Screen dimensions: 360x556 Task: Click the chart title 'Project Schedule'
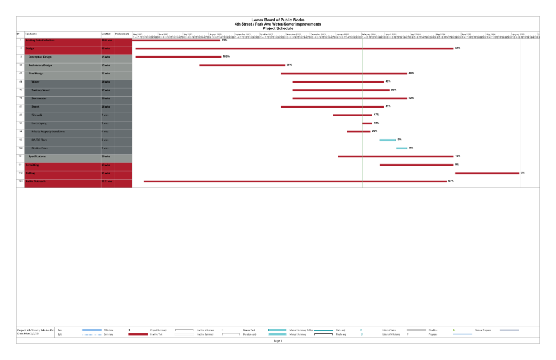277,28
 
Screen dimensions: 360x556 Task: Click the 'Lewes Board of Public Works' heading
277,20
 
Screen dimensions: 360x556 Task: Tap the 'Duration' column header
105,34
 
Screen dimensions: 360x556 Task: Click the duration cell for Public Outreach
106,181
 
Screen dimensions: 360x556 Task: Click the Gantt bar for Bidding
486,173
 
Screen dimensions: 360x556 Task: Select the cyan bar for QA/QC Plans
387,140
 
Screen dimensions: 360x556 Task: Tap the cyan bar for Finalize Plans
402,148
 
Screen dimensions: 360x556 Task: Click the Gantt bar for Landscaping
367,123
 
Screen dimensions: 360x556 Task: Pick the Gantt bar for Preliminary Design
242,65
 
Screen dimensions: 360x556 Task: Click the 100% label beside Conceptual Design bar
226,56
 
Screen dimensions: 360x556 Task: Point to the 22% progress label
375,131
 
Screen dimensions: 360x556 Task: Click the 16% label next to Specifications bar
458,156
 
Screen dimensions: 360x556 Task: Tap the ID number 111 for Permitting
20,165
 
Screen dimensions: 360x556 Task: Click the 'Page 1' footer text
277,340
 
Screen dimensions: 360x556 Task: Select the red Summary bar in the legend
138,334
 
